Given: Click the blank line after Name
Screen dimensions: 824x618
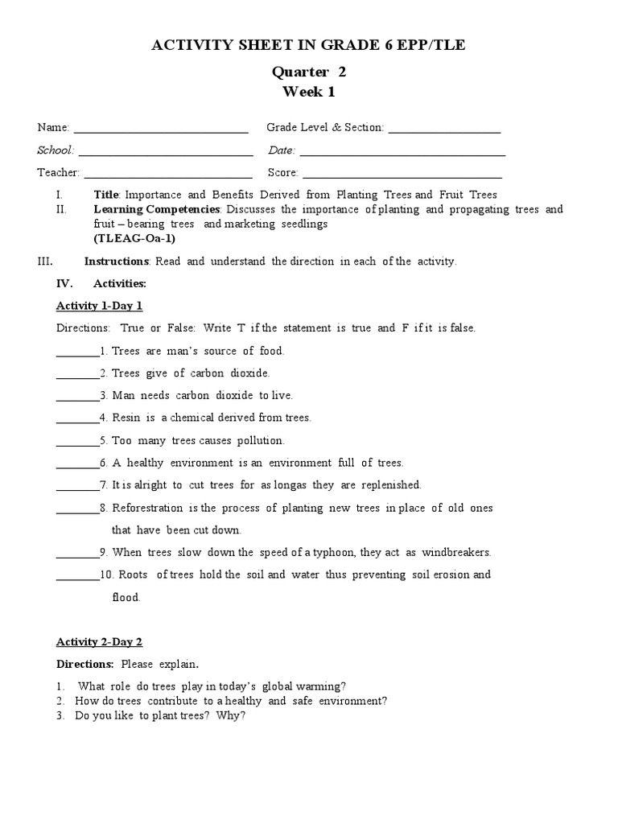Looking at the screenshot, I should pos(161,131).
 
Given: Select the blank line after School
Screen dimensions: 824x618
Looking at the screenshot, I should pos(166,154).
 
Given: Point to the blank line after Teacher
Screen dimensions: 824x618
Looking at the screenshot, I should pos(167,176).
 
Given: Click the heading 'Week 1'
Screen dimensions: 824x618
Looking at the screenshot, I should pos(308,92).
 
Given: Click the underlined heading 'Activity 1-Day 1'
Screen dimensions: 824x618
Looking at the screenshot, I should pos(99,306).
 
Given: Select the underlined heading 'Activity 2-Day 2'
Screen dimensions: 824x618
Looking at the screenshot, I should pos(99,641).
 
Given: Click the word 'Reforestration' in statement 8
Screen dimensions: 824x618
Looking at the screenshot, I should pos(148,508).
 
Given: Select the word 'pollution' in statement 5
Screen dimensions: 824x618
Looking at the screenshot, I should pos(259,440).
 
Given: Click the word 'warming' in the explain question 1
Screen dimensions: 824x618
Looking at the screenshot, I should pos(323,686).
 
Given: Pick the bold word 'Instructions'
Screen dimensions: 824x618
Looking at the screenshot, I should pos(117,262).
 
